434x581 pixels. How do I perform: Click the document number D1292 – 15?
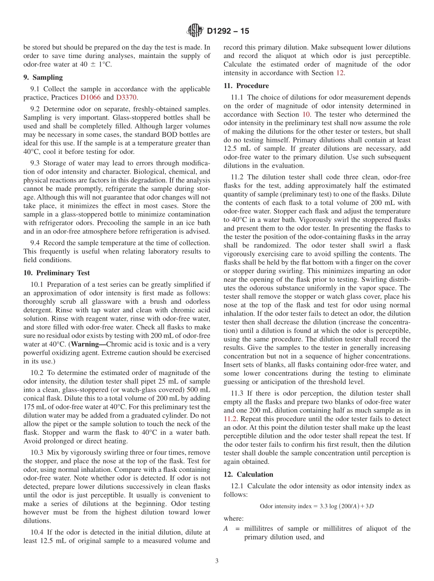(x=228, y=32)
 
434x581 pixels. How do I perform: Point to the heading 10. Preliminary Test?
(x=57, y=273)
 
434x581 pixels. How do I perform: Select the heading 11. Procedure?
(x=246, y=85)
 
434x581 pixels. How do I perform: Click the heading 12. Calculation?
(x=249, y=474)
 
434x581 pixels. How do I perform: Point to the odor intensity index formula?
(x=317, y=506)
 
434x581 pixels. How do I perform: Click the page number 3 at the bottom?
(x=217, y=561)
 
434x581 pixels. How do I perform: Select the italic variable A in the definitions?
(x=226, y=528)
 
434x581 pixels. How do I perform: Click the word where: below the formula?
(x=233, y=518)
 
